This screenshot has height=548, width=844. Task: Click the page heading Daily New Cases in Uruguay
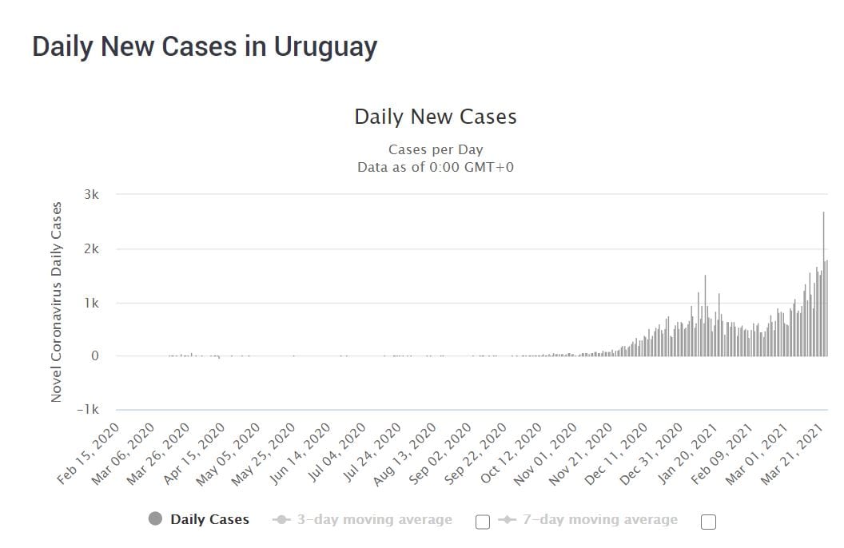205,47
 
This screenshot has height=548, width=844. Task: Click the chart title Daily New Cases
436,117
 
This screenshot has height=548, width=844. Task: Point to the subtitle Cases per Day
436,149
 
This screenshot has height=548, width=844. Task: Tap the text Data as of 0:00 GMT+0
436,166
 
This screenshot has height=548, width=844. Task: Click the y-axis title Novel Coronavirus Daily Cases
56,302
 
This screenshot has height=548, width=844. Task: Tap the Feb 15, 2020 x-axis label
90,455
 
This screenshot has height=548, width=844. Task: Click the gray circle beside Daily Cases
156,519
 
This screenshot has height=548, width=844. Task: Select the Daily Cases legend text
209,520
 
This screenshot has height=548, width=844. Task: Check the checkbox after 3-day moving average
483,522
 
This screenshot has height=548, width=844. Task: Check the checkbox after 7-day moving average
708,522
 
